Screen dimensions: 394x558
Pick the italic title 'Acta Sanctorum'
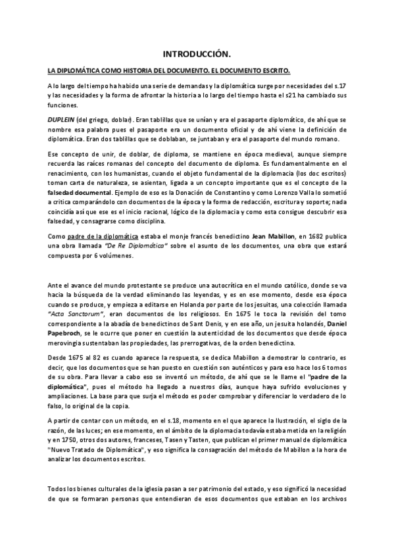[x=75, y=315]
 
